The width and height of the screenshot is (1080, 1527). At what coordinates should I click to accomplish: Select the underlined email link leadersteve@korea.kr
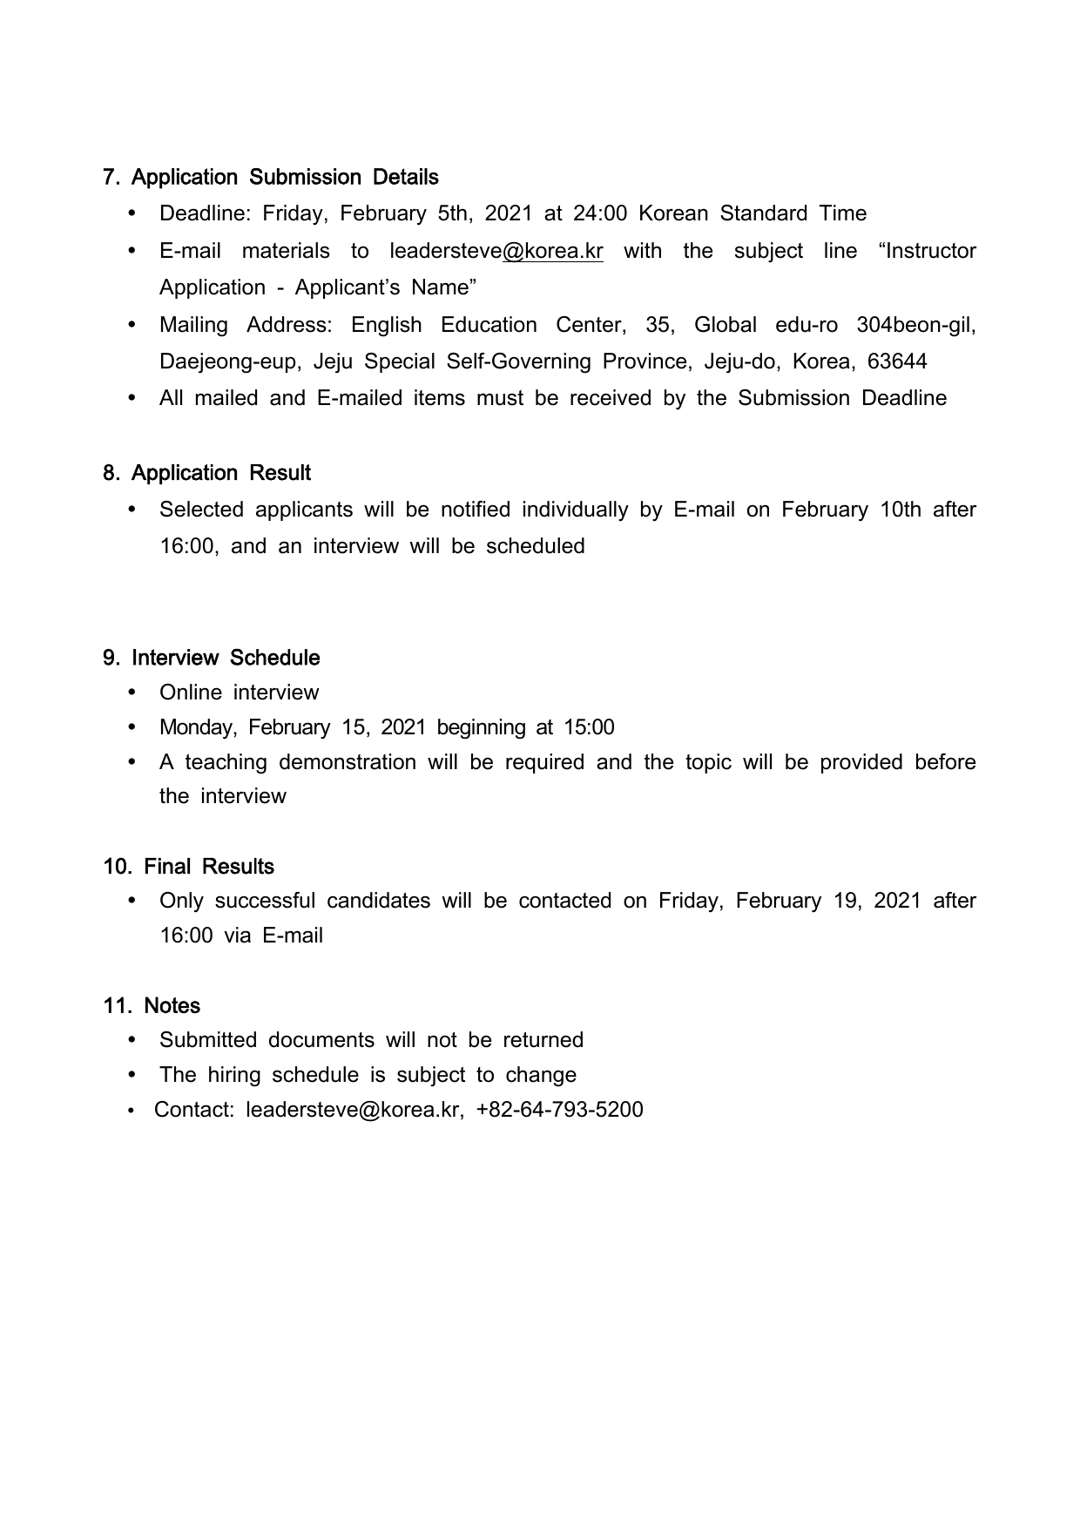[x=496, y=251]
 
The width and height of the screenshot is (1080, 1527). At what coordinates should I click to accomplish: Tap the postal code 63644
[x=897, y=361]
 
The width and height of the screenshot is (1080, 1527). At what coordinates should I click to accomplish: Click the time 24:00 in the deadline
[x=600, y=214]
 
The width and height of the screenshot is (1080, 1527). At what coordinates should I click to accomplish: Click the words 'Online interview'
[x=239, y=693]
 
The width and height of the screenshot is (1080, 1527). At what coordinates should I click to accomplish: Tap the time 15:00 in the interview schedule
[x=589, y=727]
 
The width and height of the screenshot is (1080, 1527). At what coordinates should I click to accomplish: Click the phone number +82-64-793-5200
[x=559, y=1110]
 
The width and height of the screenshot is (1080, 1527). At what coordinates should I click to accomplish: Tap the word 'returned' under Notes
[x=543, y=1040]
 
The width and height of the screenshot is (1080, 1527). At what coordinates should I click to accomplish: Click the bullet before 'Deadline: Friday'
[x=132, y=214]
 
